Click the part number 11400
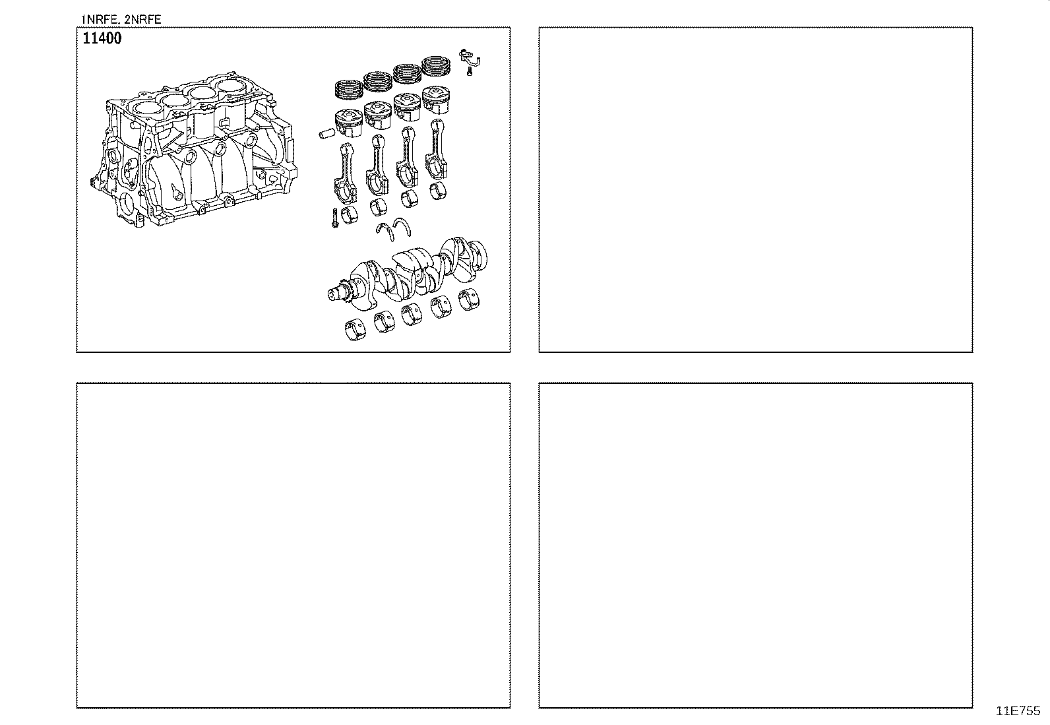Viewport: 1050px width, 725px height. [102, 39]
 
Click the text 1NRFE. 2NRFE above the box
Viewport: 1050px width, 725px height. [121, 19]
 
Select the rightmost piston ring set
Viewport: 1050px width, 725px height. [436, 64]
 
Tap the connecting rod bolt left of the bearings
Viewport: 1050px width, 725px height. [335, 218]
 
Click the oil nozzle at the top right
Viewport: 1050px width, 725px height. [470, 57]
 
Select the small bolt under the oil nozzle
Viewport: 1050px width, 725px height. [469, 71]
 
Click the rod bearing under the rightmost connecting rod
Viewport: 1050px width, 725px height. [438, 191]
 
